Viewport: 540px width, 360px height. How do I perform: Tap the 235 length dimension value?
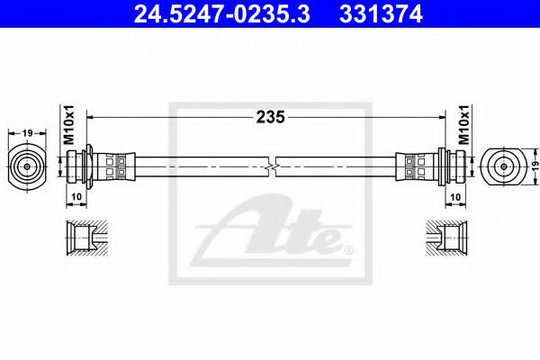pyautogui.click(x=271, y=116)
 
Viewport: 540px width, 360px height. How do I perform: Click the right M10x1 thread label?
pyautogui.click(x=466, y=127)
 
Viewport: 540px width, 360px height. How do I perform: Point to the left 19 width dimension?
pyautogui.click(x=28, y=132)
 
